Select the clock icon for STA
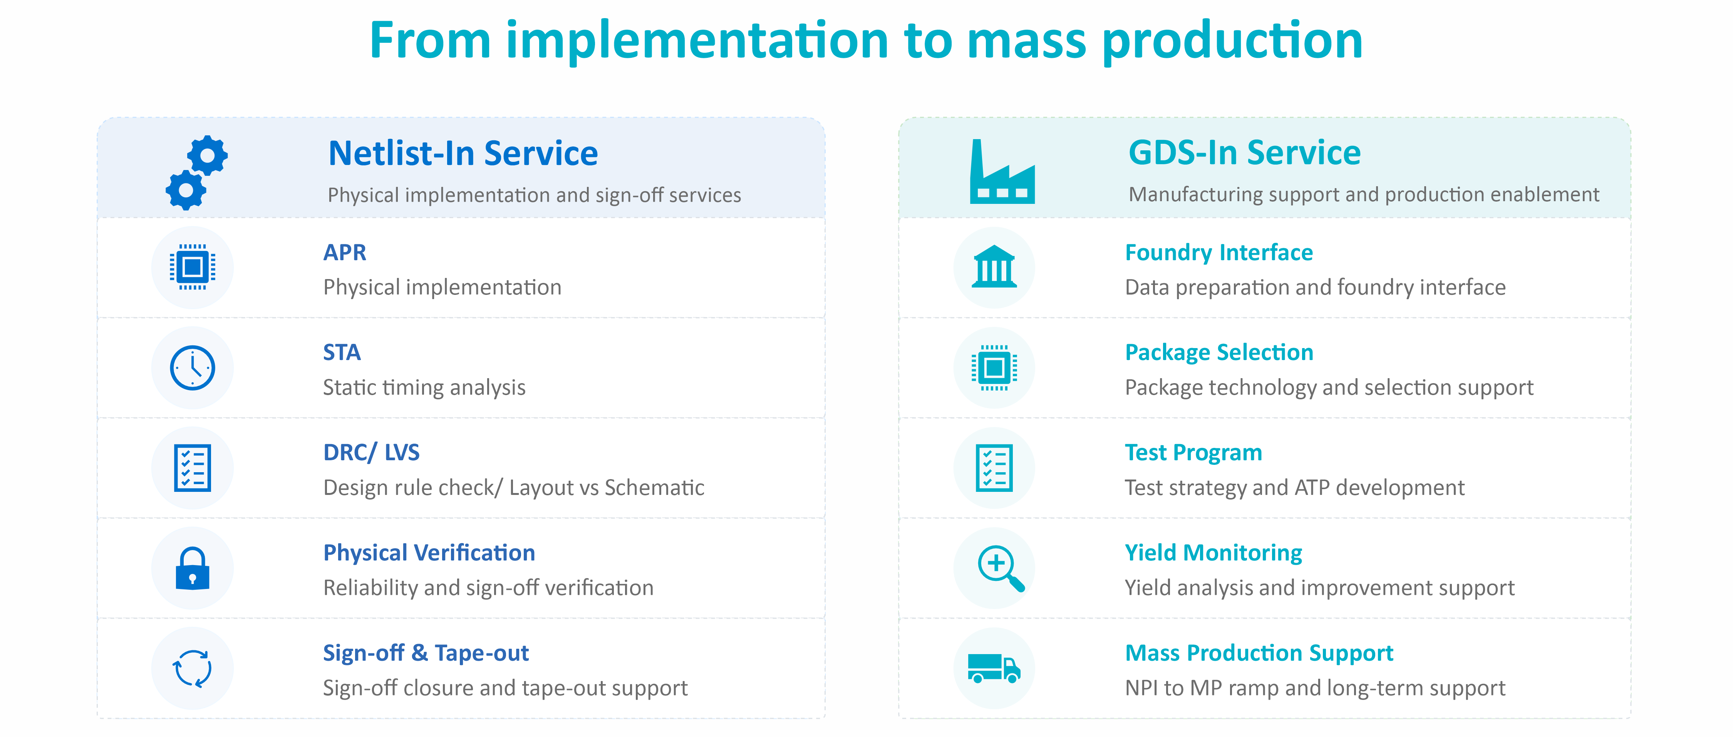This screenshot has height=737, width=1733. click(x=193, y=367)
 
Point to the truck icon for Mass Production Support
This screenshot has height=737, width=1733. click(x=994, y=668)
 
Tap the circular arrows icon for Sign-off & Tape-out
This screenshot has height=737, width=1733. click(x=193, y=668)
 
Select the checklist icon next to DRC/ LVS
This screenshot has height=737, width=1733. click(x=193, y=468)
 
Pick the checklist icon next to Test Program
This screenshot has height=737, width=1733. click(x=994, y=468)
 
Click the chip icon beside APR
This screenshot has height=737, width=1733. click(x=193, y=267)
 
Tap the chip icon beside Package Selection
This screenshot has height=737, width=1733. click(x=994, y=367)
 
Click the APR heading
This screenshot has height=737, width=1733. click(x=344, y=252)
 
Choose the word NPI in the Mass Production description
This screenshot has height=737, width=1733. click(x=1141, y=688)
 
